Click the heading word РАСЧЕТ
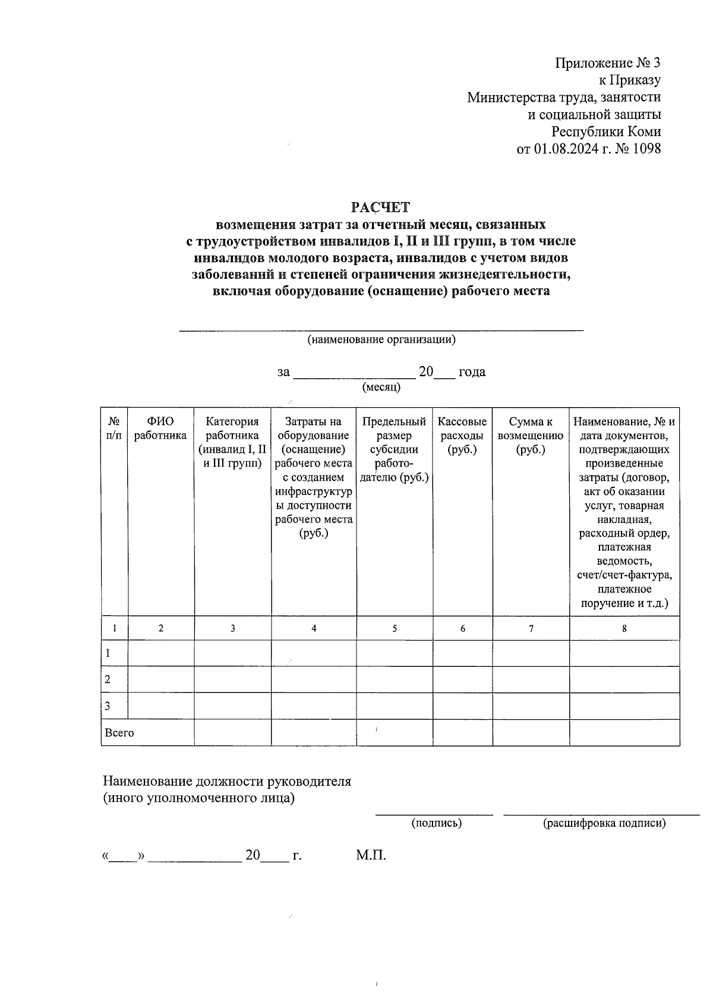pos(380,207)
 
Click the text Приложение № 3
pos(607,63)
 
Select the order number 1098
pos(646,149)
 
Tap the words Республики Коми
pos(605,131)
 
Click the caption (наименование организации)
pos(381,340)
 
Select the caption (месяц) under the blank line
pos(381,388)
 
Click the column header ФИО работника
pos(160,428)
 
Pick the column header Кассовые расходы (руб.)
pos(462,435)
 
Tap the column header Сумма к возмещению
pos(531,435)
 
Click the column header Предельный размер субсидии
pos(394,449)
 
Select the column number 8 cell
pos(624,628)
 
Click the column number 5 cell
pos(395,628)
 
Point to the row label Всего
pos(119,733)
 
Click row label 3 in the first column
pos(108,706)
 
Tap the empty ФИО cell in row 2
pos(161,679)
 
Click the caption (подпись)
pos(436,823)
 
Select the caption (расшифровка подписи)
pos(604,823)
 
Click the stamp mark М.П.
pos(371,855)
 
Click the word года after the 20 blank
pos(472,372)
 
